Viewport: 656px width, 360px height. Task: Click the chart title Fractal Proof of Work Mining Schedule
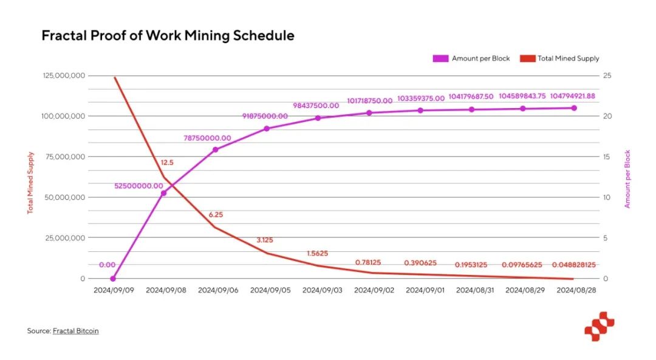[x=168, y=36]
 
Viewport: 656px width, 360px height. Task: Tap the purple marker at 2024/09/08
[x=163, y=193]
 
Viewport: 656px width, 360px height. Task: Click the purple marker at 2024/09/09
[x=113, y=279]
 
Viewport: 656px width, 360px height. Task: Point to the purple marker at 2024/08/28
[x=573, y=108]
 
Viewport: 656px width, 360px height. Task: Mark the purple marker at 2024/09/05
[x=267, y=129]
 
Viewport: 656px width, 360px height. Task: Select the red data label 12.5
[x=168, y=163]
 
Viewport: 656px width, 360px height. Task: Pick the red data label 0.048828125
[x=573, y=265]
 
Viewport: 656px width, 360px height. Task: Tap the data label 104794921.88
[x=573, y=96]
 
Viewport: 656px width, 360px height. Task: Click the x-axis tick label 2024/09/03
[x=322, y=290]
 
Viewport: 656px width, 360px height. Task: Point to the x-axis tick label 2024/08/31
[x=476, y=290]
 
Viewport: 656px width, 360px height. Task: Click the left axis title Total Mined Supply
[x=31, y=182]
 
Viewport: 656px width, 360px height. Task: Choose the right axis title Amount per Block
[x=627, y=179]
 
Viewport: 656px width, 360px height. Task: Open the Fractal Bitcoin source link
[x=75, y=331]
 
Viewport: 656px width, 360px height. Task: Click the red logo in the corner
[x=599, y=326]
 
